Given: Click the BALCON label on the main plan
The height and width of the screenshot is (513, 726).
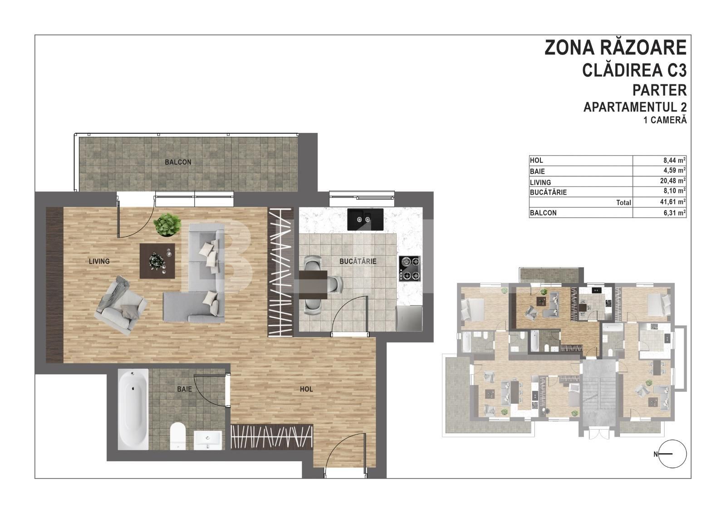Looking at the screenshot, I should coord(178,162).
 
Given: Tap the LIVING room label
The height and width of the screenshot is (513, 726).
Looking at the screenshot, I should coord(99,261).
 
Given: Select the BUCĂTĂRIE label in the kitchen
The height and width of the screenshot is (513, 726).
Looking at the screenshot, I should coord(358,261).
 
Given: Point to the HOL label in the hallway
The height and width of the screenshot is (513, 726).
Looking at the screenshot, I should coord(306,389).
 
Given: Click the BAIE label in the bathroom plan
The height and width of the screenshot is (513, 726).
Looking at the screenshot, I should coord(184,389).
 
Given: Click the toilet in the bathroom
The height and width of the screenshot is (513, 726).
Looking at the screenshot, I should coord(177,435).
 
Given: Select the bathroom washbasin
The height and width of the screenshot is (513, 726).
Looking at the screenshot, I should coord(208,440).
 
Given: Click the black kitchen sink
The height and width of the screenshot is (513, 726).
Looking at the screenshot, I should coord(365,219).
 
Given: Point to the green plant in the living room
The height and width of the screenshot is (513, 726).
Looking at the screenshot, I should coord(166,225).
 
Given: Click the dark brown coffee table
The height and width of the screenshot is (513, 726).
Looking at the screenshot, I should coord(157,261).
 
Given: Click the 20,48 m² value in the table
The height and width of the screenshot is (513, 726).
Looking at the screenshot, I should coord(674,181).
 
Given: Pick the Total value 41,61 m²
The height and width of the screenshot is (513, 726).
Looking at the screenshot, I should coord(674,202).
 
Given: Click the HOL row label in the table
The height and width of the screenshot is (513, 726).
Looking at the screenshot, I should coord(536,161).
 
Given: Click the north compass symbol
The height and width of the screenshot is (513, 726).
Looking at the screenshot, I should coord(673,454).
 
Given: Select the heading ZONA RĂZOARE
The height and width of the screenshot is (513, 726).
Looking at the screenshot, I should coord(615,48).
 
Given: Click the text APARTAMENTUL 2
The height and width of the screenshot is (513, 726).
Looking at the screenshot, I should coord(634,107).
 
